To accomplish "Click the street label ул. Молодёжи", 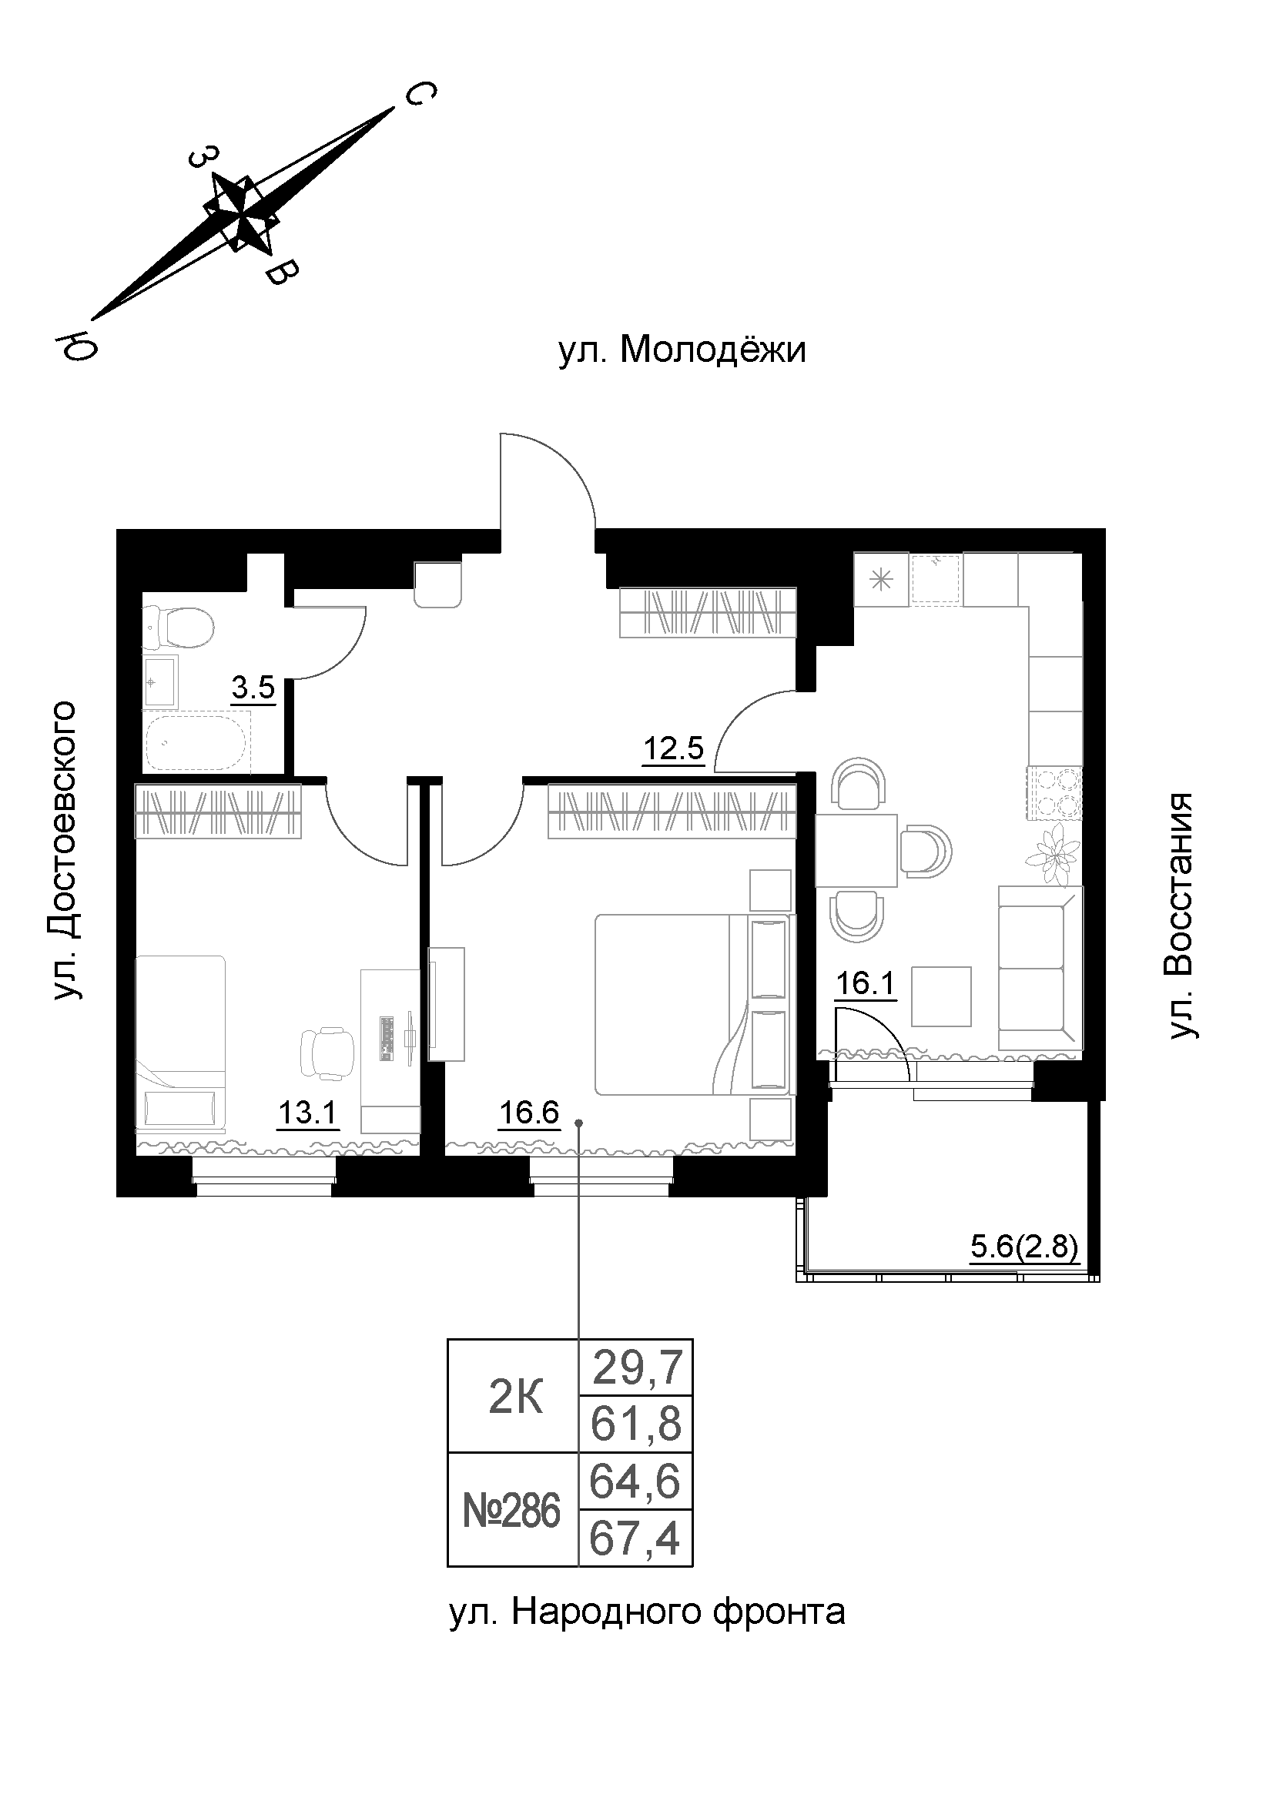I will pyautogui.click(x=682, y=350).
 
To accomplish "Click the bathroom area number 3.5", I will pyautogui.click(x=253, y=688).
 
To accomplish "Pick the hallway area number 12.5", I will pyautogui.click(x=673, y=750).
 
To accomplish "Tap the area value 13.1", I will pyautogui.click(x=307, y=1113).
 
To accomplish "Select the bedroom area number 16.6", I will pyautogui.click(x=529, y=1113).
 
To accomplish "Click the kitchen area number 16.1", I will pyautogui.click(x=865, y=982).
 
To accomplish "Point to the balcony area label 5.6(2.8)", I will pyautogui.click(x=1024, y=1247).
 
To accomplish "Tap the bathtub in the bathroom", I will pyautogui.click(x=196, y=742).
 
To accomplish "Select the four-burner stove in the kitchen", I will pyautogui.click(x=1055, y=792).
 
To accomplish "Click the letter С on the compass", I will pyautogui.click(x=419, y=95).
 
